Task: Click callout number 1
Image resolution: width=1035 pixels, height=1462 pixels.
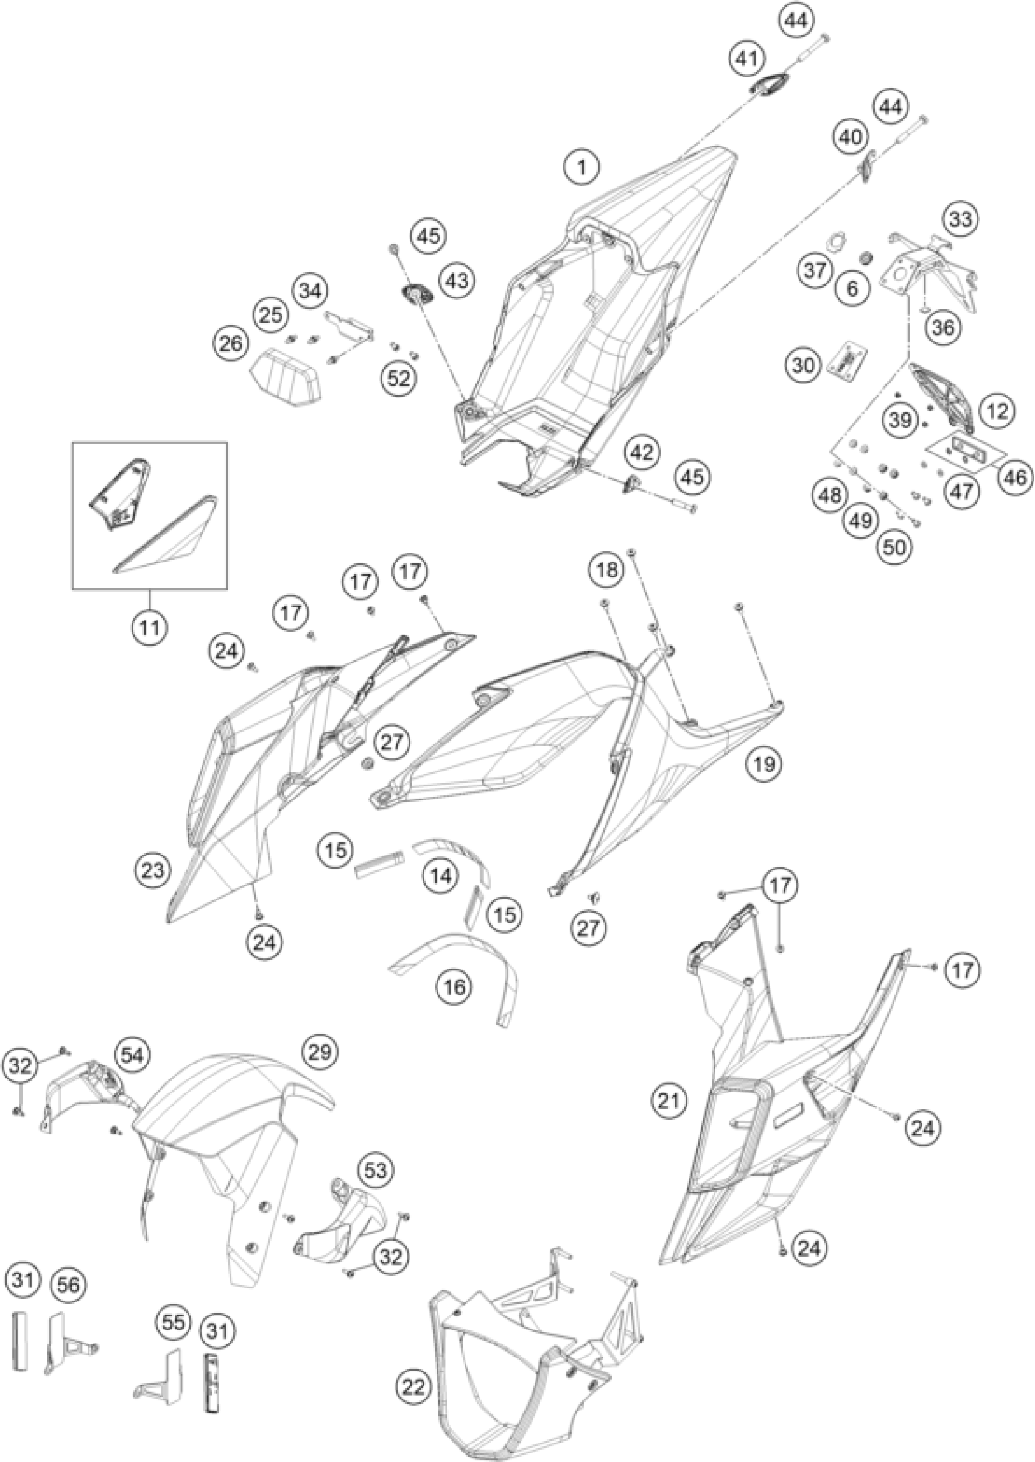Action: [581, 168]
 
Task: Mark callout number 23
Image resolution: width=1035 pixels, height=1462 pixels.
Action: [153, 870]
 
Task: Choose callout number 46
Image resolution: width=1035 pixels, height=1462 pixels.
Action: [1016, 476]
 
